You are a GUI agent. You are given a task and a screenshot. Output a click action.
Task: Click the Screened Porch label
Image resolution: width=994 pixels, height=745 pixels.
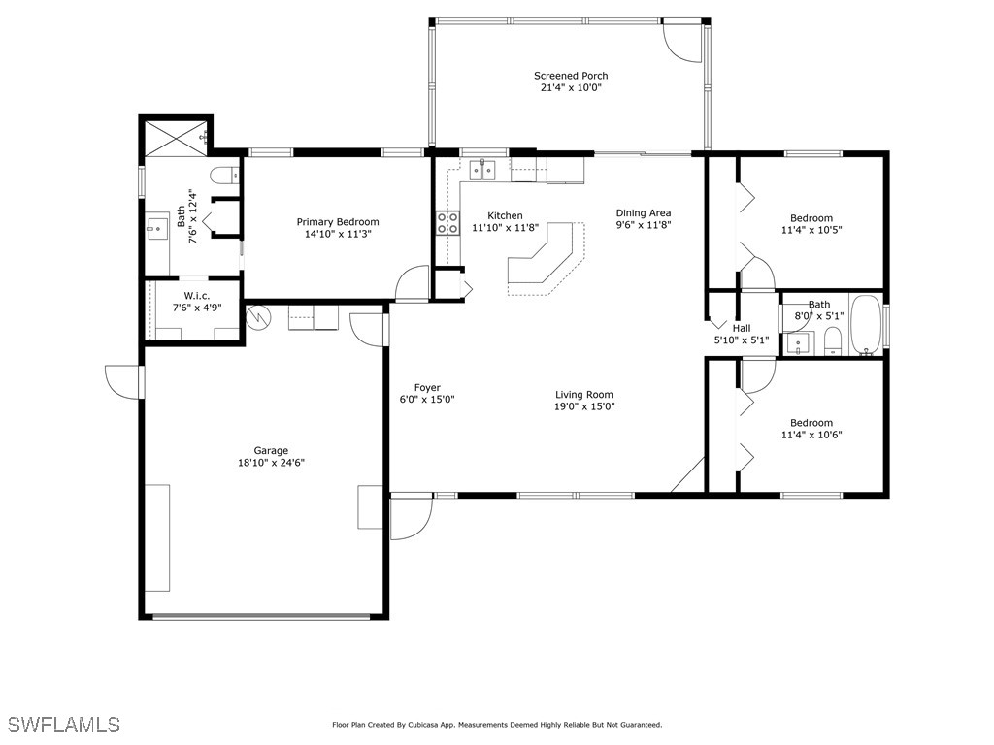click(571, 76)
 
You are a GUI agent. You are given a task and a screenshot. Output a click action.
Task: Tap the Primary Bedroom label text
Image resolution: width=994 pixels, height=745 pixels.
click(338, 222)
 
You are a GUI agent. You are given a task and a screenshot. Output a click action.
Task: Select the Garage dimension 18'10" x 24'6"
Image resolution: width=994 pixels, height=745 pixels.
click(272, 463)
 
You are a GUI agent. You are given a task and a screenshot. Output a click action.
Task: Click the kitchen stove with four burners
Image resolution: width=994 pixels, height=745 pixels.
click(447, 223)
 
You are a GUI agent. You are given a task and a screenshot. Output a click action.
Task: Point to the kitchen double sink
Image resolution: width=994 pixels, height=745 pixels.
click(482, 170)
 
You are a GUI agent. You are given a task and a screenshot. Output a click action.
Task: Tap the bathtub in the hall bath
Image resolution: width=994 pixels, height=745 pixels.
click(866, 325)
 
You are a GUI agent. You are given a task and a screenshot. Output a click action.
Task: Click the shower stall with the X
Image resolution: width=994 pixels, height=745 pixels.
click(176, 138)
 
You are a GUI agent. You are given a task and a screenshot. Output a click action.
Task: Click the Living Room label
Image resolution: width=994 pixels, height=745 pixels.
click(583, 395)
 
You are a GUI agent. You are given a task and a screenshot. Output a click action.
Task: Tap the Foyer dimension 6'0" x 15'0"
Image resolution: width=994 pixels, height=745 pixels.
click(427, 400)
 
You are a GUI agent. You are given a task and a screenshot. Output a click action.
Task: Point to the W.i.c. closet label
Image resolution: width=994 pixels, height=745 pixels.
click(197, 296)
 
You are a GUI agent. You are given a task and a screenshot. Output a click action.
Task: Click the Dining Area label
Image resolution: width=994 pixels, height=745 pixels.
click(644, 213)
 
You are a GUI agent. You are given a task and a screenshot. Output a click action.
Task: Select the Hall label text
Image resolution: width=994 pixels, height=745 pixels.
click(742, 328)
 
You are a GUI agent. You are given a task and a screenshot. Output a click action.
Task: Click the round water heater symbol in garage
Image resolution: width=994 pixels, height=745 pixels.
click(258, 317)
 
